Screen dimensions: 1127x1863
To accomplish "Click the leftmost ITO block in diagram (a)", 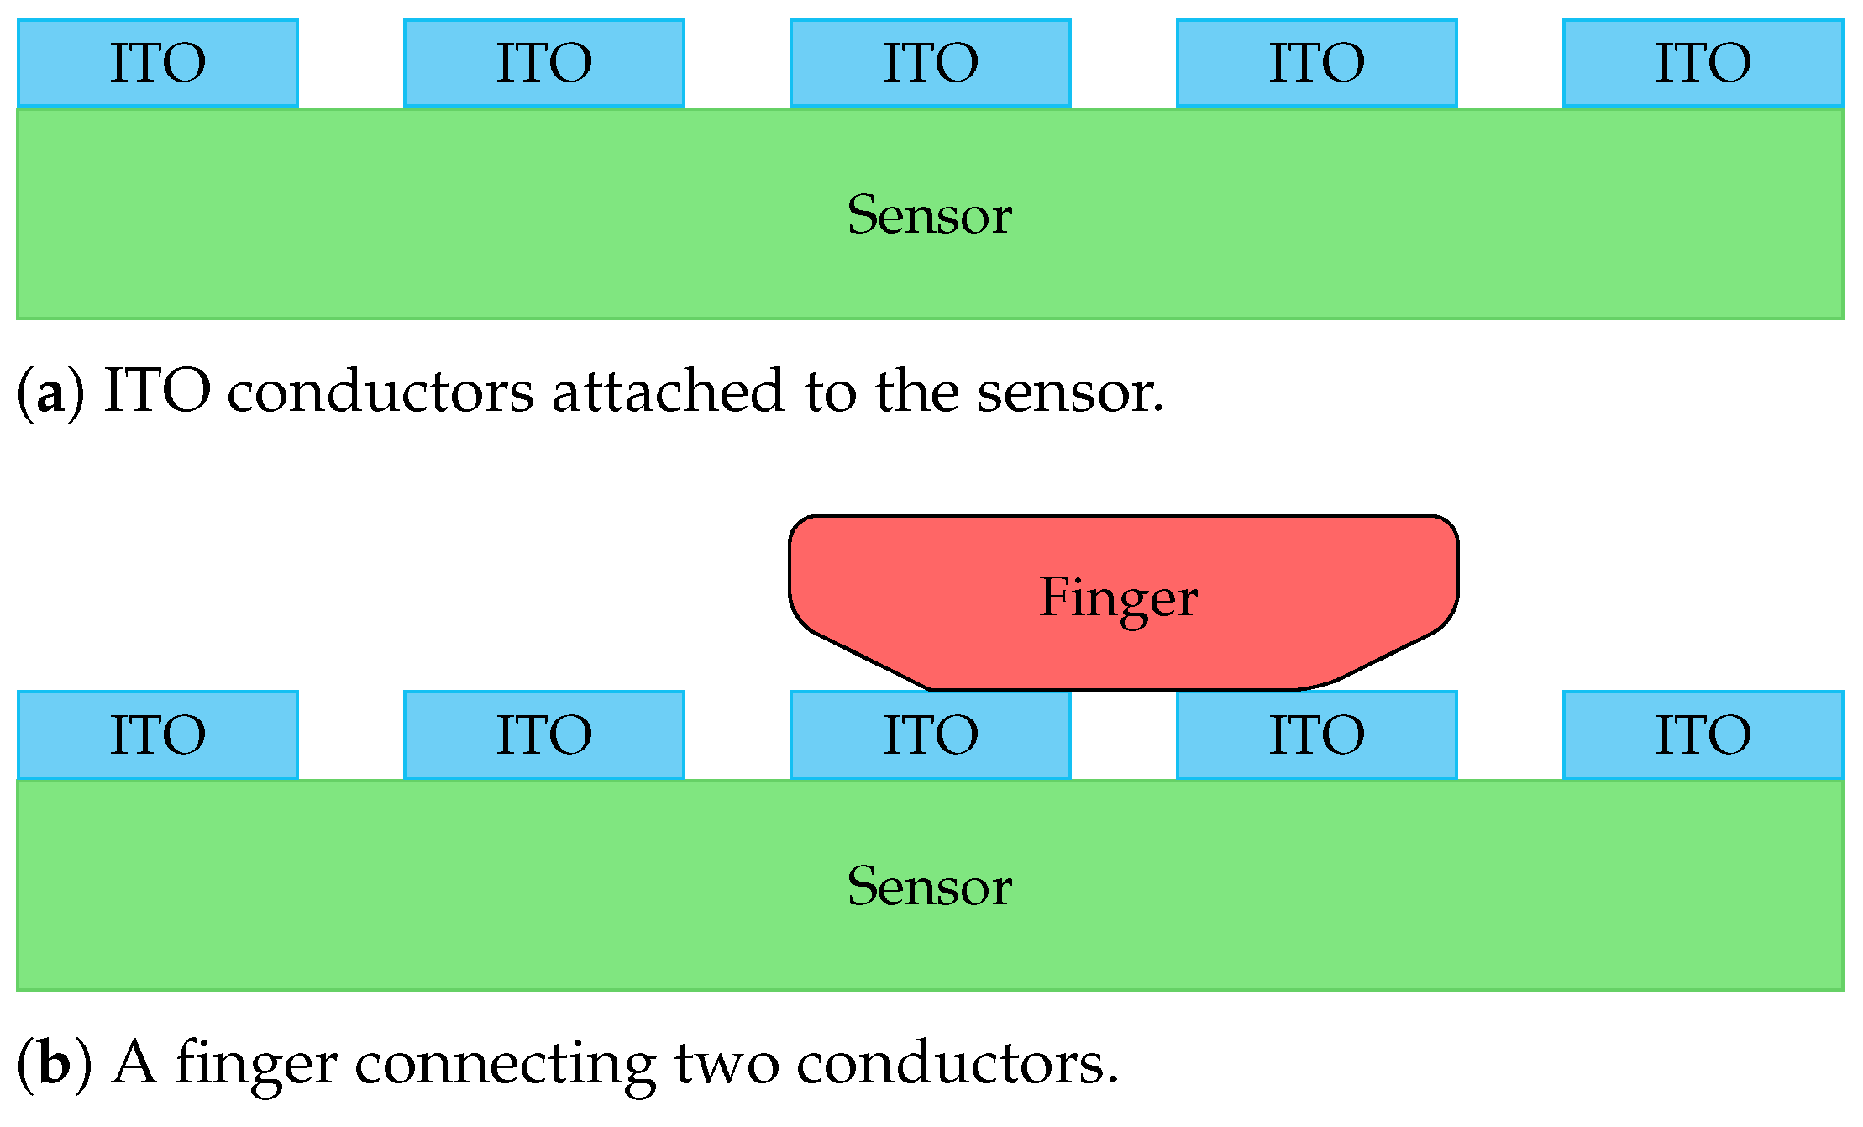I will click(x=158, y=64).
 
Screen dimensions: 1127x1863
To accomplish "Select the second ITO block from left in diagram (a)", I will click(x=544, y=64).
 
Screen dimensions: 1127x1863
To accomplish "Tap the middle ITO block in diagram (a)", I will click(x=931, y=64).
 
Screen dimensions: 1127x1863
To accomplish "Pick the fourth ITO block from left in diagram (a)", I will click(x=1317, y=64).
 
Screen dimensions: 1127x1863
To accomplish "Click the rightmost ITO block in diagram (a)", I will click(x=1703, y=64).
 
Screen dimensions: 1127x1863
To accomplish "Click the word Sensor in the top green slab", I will click(x=930, y=215).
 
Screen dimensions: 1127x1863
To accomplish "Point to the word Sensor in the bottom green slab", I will click(x=930, y=887).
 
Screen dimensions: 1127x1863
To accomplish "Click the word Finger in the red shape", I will click(x=1118, y=598).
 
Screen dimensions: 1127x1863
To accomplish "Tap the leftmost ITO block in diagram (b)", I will click(x=158, y=735).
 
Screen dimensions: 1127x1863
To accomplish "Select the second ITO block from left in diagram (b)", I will click(x=544, y=735).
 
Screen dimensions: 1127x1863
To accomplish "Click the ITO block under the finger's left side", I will click(x=931, y=735).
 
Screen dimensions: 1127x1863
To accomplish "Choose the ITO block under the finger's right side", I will click(x=1317, y=735).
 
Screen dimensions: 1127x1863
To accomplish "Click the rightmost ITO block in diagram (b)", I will click(x=1703, y=735).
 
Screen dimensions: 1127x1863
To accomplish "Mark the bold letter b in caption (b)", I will click(x=54, y=1064).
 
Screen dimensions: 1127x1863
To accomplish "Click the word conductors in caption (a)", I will click(x=380, y=392).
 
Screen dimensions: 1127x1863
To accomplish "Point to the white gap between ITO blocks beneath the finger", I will click(x=1124, y=735).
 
